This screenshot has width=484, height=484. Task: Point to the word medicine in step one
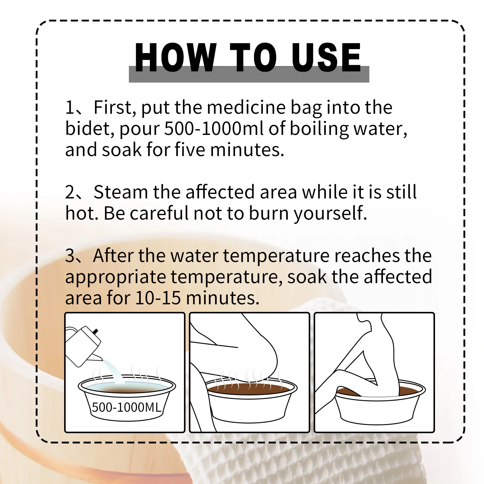pos(246,107)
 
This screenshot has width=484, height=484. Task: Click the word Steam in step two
pos(121,192)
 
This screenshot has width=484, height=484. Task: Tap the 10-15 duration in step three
pos(158,298)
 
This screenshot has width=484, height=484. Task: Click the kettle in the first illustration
pos(83,346)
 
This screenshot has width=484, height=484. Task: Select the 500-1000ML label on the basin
pos(126,407)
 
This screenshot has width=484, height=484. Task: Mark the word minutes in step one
pos(247,150)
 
